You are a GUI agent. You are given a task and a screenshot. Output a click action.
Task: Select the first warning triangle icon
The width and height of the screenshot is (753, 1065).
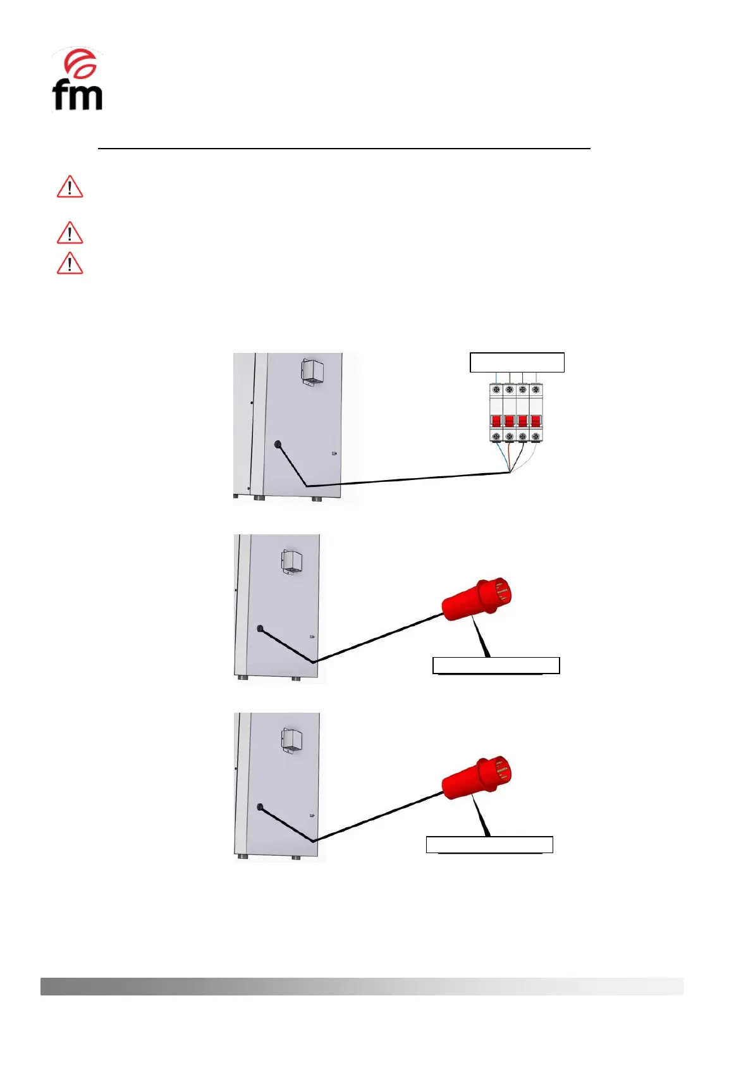coord(70,188)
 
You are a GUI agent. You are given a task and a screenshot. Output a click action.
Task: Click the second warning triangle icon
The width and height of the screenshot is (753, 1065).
coord(70,233)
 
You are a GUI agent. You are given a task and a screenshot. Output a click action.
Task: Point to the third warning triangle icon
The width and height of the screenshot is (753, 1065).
coord(70,264)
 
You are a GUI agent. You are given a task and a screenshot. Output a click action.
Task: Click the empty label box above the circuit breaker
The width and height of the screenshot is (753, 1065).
coord(517,362)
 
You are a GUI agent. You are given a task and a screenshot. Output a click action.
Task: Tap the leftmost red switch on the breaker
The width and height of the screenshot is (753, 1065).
coord(496,421)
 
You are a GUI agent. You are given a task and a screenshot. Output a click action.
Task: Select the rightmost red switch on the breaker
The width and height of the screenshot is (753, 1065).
coord(536,421)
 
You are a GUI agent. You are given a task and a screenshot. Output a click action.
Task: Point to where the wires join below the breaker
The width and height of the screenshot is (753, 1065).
coord(510,472)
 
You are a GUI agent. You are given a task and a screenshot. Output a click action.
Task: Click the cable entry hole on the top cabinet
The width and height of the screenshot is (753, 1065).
coord(278,444)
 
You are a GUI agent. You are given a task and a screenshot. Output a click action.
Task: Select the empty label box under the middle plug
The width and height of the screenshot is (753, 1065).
coord(496,665)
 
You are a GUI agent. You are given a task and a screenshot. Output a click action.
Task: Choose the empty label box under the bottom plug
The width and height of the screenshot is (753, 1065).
coord(489,844)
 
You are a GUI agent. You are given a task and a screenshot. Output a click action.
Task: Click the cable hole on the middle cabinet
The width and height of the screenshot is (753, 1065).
coord(260,629)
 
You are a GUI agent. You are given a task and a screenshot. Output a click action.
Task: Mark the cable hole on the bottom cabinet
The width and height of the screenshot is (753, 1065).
coord(260,807)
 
